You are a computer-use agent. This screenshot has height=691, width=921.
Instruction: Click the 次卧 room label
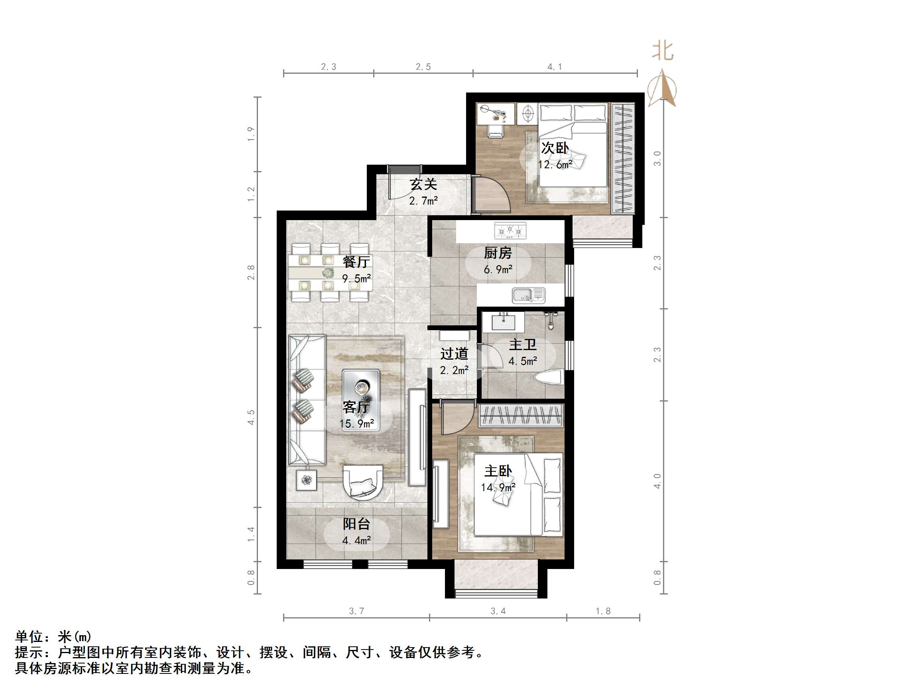point(555,148)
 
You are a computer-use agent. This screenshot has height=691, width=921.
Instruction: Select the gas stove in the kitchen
point(510,231)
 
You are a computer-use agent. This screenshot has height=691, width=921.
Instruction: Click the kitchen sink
point(528,295)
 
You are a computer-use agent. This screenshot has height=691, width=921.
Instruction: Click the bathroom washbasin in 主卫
point(503,323)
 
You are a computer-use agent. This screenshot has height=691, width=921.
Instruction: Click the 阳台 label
point(356,524)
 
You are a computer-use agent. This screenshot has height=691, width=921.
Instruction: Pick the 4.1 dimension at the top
point(554,67)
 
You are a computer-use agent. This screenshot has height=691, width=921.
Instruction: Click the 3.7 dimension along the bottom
point(356,611)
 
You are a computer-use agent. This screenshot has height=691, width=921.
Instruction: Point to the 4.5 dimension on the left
point(251,417)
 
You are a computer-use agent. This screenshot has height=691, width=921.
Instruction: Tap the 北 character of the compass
point(662,51)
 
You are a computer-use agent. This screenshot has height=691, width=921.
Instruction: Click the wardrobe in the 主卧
point(520,415)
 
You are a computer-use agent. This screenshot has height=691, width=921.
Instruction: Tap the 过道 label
point(454,354)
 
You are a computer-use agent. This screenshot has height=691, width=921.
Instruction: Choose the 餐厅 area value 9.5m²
point(356,278)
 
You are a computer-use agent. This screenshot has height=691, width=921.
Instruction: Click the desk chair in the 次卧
point(496,131)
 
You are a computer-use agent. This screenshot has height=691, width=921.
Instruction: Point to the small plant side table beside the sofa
point(307,480)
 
